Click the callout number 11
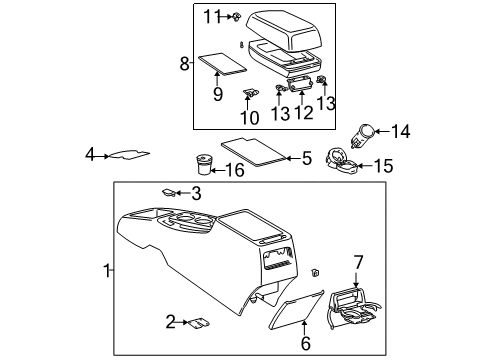[x=210, y=15]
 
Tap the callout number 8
[x=184, y=63]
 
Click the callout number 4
[x=89, y=155]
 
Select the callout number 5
[x=306, y=157]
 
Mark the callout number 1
[x=107, y=269]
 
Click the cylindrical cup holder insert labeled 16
[x=206, y=161]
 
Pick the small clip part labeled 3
[x=170, y=192]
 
